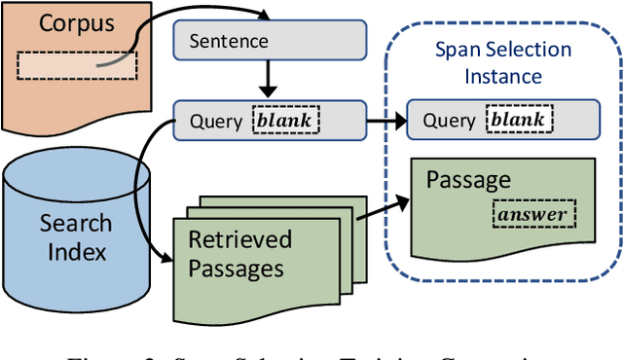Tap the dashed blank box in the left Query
tap(285, 121)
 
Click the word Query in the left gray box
tap(211, 121)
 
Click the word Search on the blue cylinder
tap(75, 224)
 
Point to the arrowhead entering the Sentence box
tap(264, 15)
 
